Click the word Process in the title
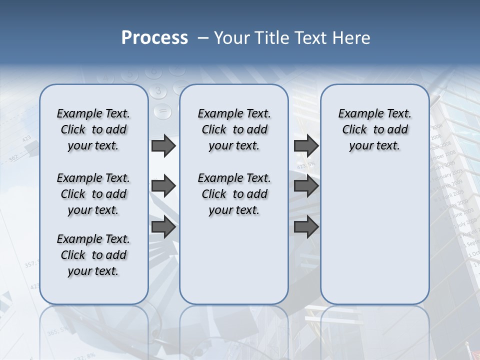coord(154,38)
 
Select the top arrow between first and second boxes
coord(163,145)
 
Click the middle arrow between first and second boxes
coord(163,186)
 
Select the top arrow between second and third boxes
coord(306,145)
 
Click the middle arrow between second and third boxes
coord(306,186)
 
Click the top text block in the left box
coord(93,129)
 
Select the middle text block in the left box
coord(93,194)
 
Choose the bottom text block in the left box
coord(93,255)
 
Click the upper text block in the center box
coord(234,129)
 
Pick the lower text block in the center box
coord(234,194)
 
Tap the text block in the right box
coord(374,129)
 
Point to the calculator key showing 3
coord(158,91)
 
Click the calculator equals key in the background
coord(162,111)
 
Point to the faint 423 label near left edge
coord(26,138)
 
